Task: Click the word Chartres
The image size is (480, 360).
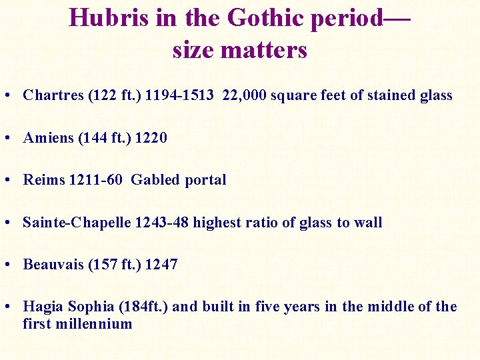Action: (53, 95)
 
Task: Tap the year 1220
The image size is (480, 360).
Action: (151, 138)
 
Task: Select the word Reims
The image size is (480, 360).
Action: (45, 180)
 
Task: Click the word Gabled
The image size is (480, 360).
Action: (155, 180)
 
